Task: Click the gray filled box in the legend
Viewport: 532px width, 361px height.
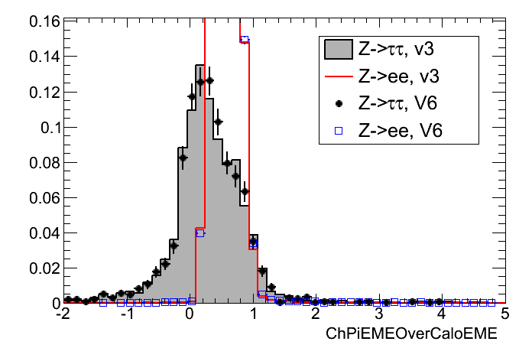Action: point(338,50)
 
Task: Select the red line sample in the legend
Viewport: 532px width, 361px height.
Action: point(338,76)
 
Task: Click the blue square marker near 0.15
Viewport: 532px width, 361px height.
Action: point(245,41)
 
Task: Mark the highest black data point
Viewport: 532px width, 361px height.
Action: point(209,80)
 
